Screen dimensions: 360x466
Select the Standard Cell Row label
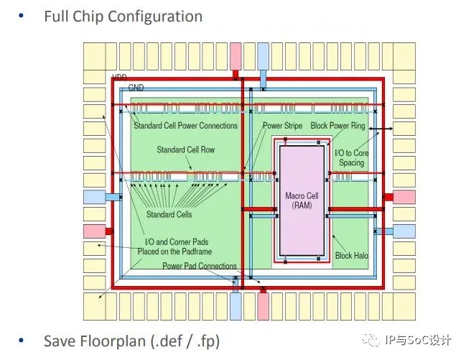pyautogui.click(x=185, y=150)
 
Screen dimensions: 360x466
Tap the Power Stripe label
pyautogui.click(x=281, y=126)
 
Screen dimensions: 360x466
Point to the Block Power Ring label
pyautogui.click(x=339, y=126)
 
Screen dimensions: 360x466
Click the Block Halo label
pyautogui.click(x=352, y=256)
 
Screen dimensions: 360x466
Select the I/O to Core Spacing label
pyautogui.click(x=351, y=158)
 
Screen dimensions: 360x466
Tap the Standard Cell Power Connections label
pyautogui.click(x=185, y=126)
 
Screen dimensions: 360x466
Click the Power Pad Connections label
pyautogui.click(x=199, y=267)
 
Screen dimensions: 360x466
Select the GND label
pyautogui.click(x=136, y=88)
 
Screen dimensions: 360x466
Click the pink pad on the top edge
pyautogui.click(x=236, y=54)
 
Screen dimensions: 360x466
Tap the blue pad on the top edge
pyautogui.click(x=263, y=54)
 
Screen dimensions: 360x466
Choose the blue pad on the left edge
pyautogui.click(x=94, y=197)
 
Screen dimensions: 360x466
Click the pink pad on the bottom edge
pyautogui.click(x=263, y=306)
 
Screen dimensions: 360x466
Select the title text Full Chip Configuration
pyautogui.click(x=123, y=16)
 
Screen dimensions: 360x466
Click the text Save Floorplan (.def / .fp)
pyautogui.click(x=131, y=341)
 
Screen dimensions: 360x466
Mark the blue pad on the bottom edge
pyautogui.click(x=236, y=306)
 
